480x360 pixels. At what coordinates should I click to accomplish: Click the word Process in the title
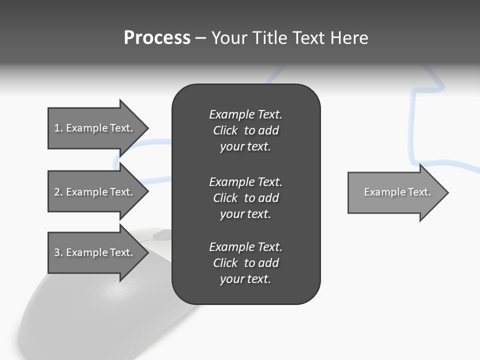click(x=157, y=38)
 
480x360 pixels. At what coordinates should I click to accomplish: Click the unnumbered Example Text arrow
click(x=397, y=192)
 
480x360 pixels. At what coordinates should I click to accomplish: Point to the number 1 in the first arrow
click(x=57, y=128)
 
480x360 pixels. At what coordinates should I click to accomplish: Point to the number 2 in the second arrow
click(x=57, y=192)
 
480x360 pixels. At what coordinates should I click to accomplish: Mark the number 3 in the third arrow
click(x=57, y=252)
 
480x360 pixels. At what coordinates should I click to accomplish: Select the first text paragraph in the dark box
click(x=245, y=130)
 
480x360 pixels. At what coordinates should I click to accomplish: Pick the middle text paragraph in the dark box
click(x=245, y=197)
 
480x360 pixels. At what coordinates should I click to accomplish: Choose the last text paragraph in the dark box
click(x=245, y=263)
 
